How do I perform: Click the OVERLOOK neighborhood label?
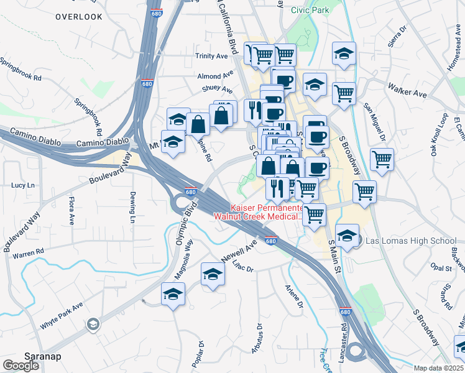(78, 17)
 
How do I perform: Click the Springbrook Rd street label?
(20, 70)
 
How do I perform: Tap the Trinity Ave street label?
(212, 56)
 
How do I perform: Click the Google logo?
(21, 366)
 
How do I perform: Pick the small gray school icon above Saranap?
(93, 323)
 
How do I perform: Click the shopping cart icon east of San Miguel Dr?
(382, 159)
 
